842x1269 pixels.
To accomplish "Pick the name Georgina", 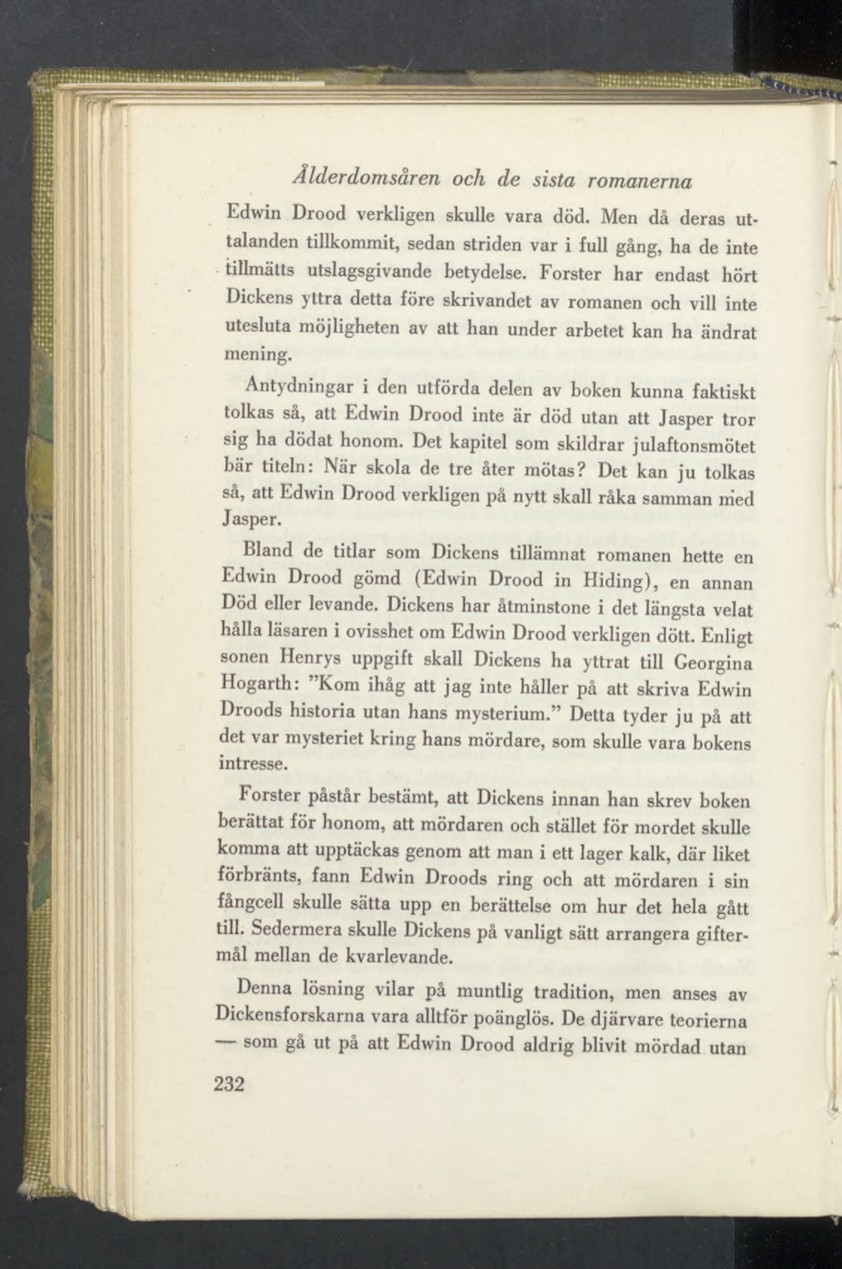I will [x=713, y=663].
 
